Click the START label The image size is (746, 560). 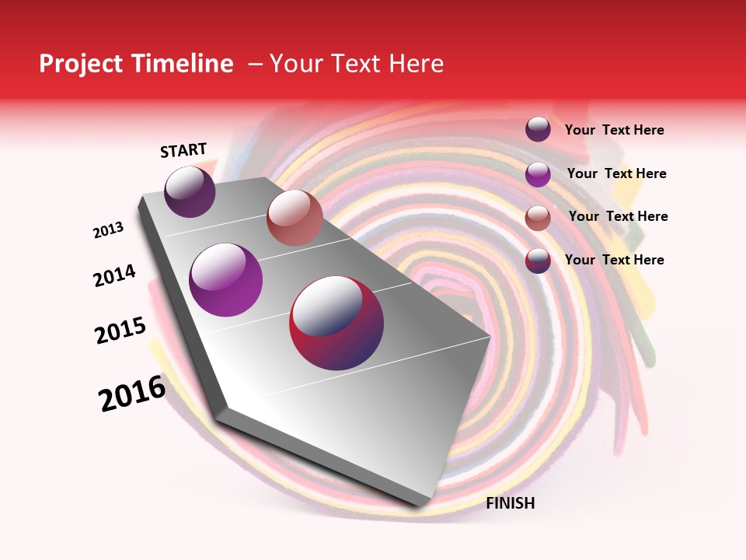(x=183, y=151)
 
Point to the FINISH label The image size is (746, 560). (x=511, y=503)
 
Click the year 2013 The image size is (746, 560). (x=108, y=230)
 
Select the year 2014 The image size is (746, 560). (x=114, y=275)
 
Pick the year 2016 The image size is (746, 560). (x=132, y=394)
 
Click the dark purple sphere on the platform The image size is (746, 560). (x=190, y=192)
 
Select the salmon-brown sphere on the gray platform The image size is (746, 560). (x=295, y=218)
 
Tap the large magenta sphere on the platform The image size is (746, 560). (x=226, y=280)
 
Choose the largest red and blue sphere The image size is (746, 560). (x=336, y=323)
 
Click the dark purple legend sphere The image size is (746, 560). (x=538, y=130)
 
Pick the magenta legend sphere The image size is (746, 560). (x=538, y=174)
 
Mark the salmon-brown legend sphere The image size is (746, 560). (x=538, y=218)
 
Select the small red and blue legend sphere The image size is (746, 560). (x=538, y=261)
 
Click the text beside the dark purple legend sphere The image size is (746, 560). (x=614, y=131)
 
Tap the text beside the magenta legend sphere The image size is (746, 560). (x=616, y=173)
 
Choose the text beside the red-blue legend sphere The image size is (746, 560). (x=614, y=260)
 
